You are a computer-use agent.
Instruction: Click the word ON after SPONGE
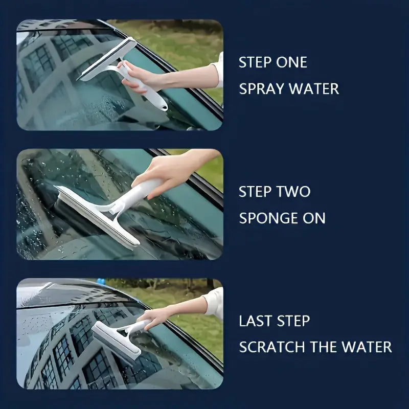point(313,218)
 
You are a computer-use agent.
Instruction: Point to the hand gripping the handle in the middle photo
point(158,171)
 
